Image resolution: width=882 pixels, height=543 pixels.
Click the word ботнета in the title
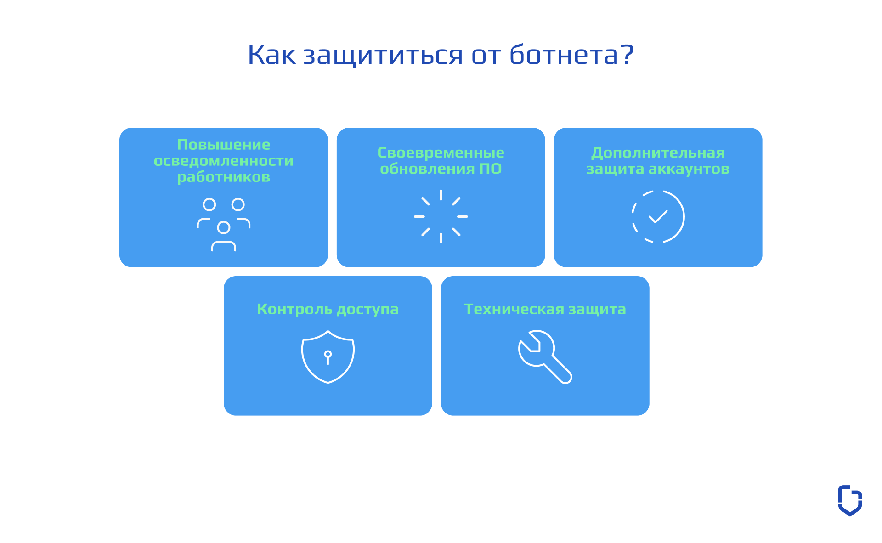coord(564,55)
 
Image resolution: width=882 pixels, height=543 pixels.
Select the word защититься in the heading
coord(383,56)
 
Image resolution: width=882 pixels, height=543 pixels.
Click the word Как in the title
coord(271,55)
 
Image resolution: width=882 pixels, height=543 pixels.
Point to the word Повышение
coord(224,145)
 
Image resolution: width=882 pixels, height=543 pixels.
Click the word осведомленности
coord(224,161)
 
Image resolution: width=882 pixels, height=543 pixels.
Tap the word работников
coord(224,177)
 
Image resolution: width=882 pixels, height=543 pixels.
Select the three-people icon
coord(224,225)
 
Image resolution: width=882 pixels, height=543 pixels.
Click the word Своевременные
coord(441,153)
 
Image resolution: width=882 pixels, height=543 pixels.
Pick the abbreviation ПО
coord(490,169)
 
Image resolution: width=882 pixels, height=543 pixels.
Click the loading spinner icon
coord(441,216)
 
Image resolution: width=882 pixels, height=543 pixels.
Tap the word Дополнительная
coord(658,153)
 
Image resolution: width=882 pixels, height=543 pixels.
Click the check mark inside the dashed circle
coord(658,216)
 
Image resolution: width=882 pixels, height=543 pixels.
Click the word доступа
coord(367,310)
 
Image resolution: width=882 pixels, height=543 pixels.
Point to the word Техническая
coord(514,309)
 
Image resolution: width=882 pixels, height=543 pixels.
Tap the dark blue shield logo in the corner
coord(850,500)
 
